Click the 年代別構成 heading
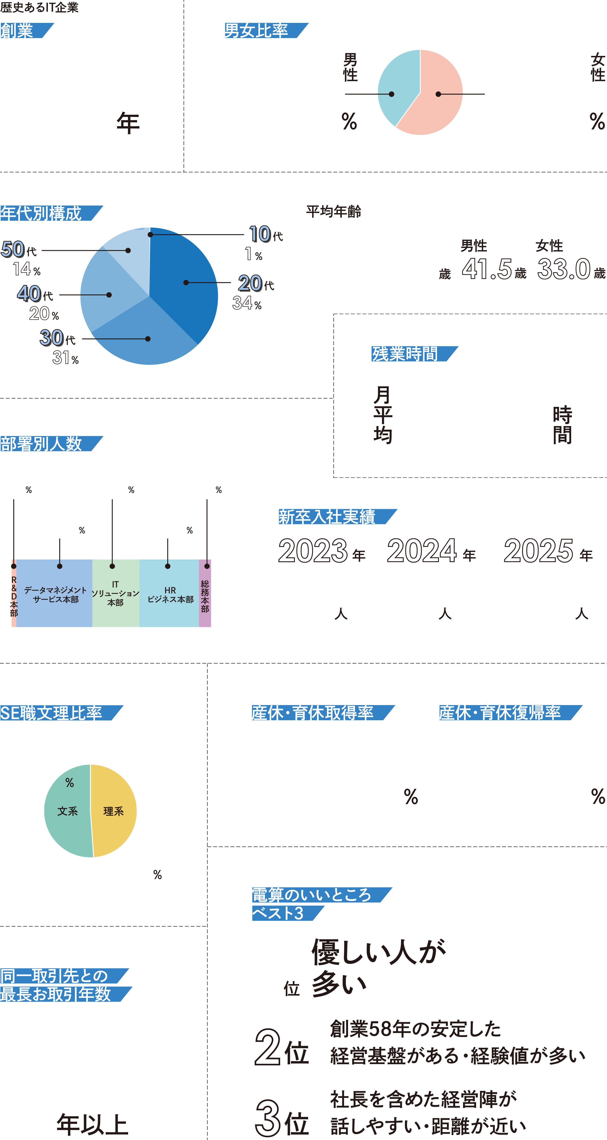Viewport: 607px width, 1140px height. (46, 213)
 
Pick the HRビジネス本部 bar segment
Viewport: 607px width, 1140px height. (169, 594)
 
